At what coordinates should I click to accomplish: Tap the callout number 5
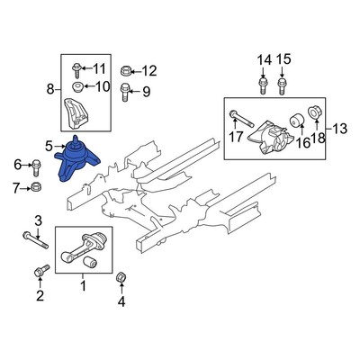coord(49,144)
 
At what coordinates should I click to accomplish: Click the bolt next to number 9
coord(126,90)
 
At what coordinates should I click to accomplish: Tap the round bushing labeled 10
coord(78,88)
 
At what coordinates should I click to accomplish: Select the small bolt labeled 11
coord(76,68)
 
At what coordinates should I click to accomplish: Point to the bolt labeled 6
coord(36,166)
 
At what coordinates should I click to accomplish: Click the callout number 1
coord(83,286)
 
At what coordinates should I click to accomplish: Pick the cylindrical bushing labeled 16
coord(293,120)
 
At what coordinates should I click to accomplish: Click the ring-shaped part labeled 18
coord(316,113)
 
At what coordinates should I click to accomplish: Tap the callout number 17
coord(237,138)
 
